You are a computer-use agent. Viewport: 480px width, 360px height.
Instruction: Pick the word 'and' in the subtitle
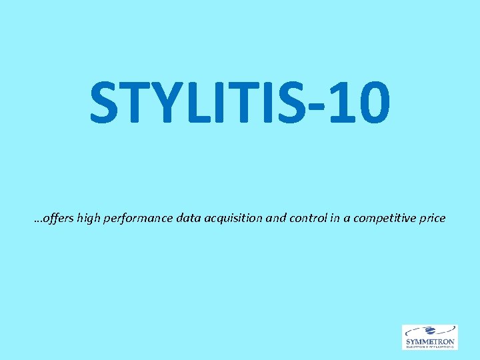276,217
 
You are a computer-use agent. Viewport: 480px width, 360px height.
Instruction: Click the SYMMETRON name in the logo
430,341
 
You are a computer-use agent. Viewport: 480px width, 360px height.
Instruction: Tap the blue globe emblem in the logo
430,331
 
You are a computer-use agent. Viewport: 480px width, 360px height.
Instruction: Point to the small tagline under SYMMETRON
430,347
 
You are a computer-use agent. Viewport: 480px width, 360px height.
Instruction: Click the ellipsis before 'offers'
37,221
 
